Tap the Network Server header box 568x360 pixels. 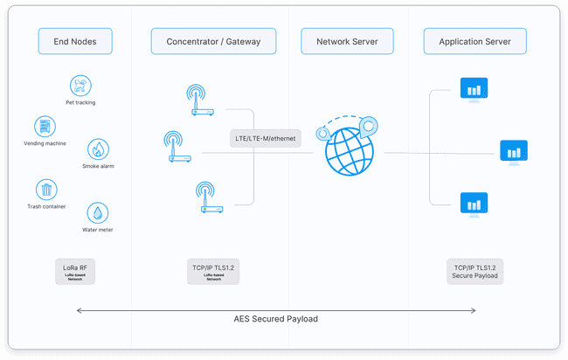click(344, 41)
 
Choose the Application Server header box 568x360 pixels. click(474, 41)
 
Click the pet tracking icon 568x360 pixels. click(80, 86)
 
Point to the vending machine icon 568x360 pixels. click(45, 126)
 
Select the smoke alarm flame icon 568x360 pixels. click(98, 149)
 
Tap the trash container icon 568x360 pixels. click(46, 190)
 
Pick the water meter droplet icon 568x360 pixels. click(98, 213)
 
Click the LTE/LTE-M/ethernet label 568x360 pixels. click(266, 138)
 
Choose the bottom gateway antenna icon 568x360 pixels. click(208, 197)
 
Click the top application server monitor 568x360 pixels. click(473, 88)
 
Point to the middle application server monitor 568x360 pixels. click(513, 152)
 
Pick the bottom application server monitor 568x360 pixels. click(473, 204)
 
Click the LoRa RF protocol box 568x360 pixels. click(74, 272)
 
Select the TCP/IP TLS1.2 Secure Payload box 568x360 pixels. click(474, 272)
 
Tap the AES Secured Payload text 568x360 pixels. click(276, 320)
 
